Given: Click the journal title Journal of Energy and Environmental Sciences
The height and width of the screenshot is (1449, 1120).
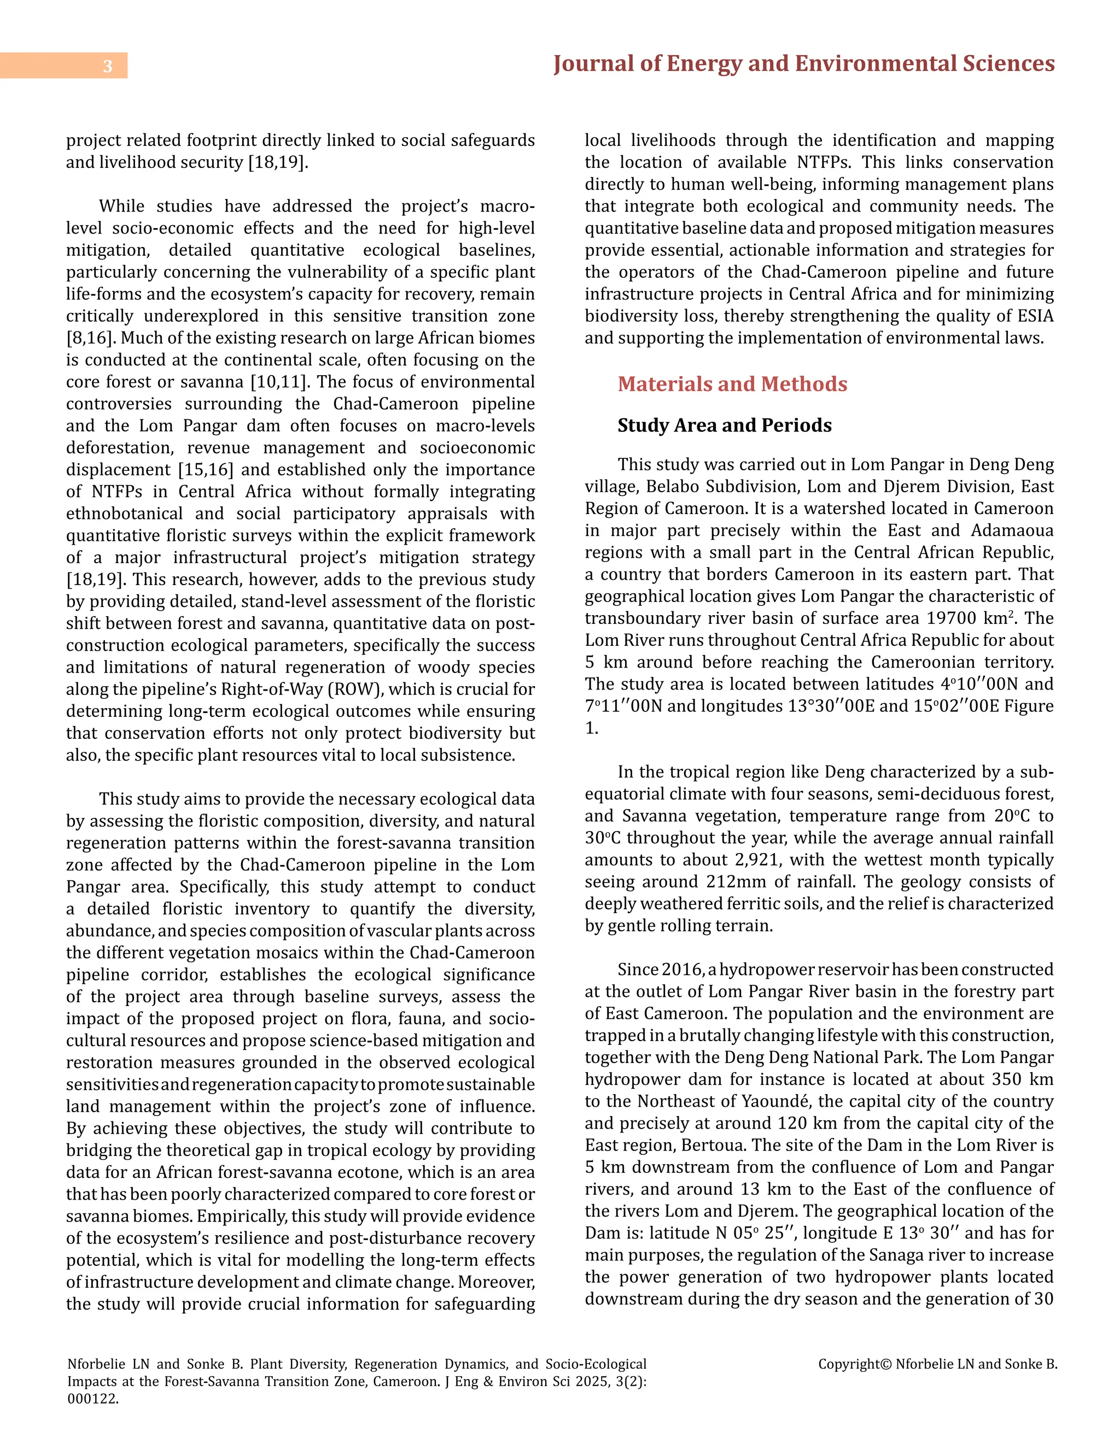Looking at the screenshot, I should (x=803, y=63).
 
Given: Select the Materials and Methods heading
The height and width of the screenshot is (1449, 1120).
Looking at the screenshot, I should (x=732, y=384).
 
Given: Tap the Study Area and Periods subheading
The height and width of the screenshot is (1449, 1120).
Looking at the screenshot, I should (x=724, y=425).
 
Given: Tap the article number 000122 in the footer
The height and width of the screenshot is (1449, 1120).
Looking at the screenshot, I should (x=93, y=1399).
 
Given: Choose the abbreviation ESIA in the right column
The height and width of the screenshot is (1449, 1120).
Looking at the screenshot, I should (x=1032, y=317).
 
